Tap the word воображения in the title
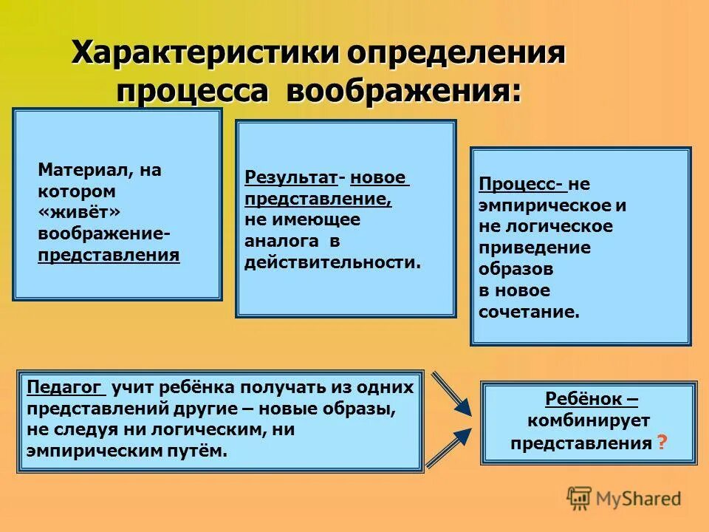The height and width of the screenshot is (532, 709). (403, 92)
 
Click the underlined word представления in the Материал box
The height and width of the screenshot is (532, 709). (109, 255)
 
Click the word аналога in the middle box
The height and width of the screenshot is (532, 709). (282, 241)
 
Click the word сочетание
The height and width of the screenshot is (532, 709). (529, 311)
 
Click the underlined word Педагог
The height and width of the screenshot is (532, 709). (66, 387)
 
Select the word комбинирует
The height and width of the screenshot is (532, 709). (589, 421)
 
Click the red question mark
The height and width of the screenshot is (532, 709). (662, 443)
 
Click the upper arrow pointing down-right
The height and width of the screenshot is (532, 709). (452, 393)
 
